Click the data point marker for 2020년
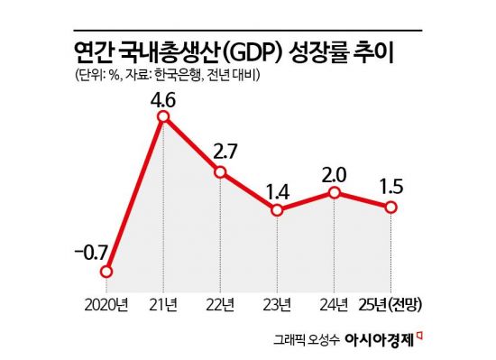tap(107, 271)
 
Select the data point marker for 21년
tap(163, 117)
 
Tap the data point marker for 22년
tap(221, 171)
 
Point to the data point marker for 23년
tap(278, 210)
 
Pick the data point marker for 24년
tap(335, 192)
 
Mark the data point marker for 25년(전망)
tap(391, 207)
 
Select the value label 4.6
tap(163, 91)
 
